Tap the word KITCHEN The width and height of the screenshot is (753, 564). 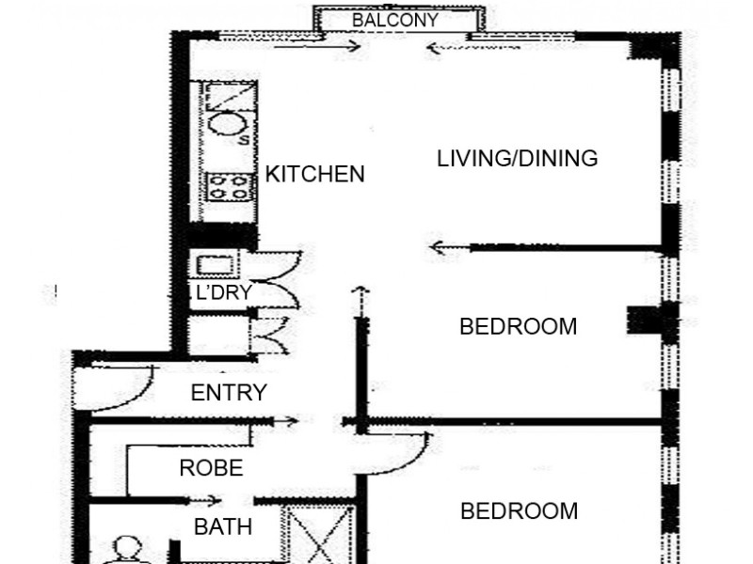click(x=314, y=174)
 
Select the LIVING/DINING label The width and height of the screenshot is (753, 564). click(x=517, y=158)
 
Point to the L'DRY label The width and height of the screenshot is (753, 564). click(x=222, y=292)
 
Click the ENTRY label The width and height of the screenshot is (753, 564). click(x=229, y=393)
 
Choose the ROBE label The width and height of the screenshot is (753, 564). click(x=211, y=467)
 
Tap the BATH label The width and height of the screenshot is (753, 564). click(x=223, y=527)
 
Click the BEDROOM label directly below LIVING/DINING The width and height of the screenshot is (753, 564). click(x=518, y=327)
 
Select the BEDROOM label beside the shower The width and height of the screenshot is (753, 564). click(x=519, y=511)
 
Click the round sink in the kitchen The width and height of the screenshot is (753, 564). click(x=226, y=125)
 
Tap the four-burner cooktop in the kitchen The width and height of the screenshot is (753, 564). click(x=229, y=186)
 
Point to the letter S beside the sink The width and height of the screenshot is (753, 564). click(x=244, y=140)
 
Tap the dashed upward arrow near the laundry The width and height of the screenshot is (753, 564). click(x=358, y=301)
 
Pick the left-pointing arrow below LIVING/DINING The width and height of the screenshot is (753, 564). click(x=448, y=248)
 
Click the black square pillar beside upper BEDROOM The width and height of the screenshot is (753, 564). click(x=641, y=321)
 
